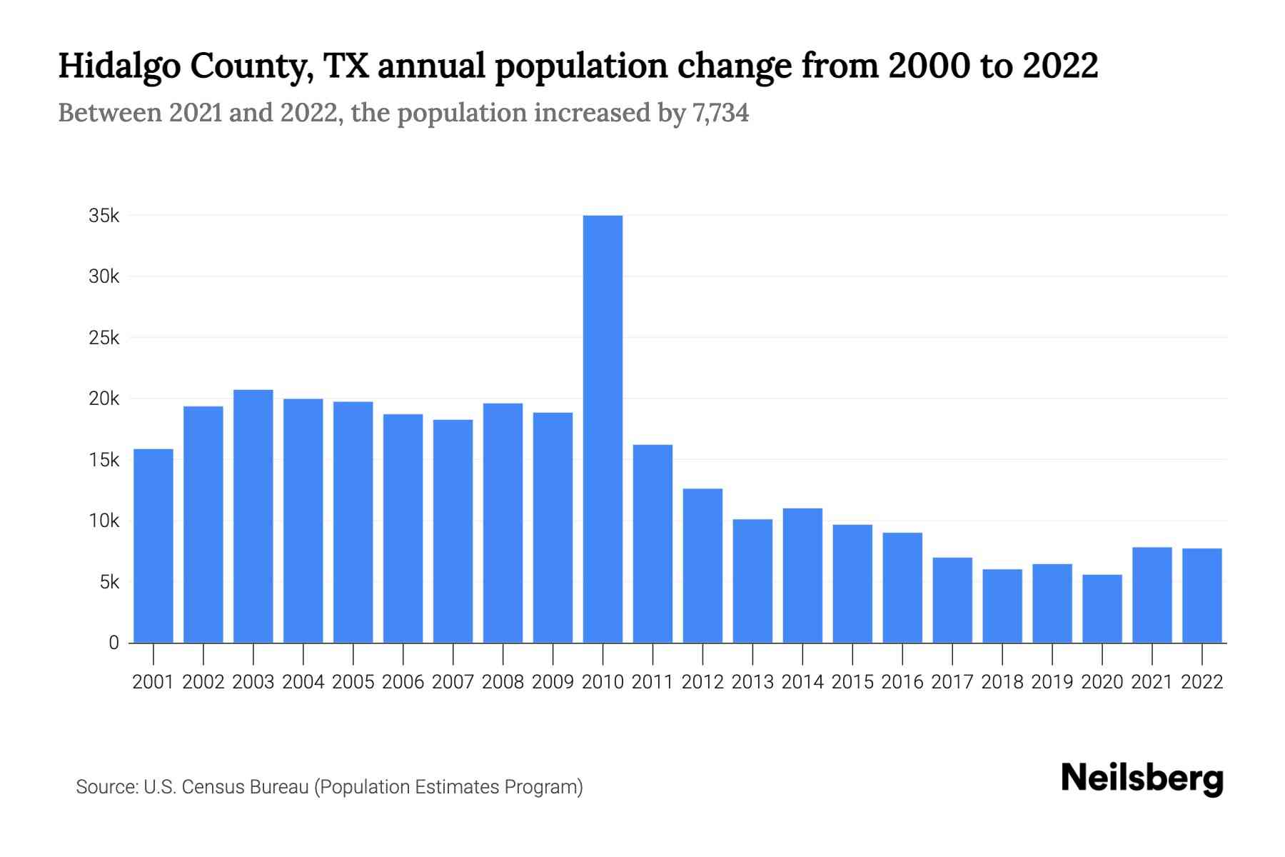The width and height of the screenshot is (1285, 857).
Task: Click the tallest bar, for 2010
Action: pos(603,428)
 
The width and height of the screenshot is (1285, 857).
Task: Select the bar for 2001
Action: pos(153,546)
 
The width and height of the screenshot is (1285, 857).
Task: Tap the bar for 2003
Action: pos(253,516)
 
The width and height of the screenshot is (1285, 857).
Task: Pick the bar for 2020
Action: pos(1102,608)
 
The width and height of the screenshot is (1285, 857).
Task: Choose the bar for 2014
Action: pos(802,576)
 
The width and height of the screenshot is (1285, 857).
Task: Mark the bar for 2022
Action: pos(1202,596)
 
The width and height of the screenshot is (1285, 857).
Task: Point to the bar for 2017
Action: pos(952,600)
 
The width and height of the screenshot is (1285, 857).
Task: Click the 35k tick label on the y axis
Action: pos(104,216)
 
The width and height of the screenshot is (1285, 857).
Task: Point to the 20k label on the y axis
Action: pos(104,399)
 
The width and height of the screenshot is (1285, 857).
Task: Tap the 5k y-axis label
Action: pos(109,582)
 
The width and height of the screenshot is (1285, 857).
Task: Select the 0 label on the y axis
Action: pos(114,643)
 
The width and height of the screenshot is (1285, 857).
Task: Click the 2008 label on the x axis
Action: pos(503,682)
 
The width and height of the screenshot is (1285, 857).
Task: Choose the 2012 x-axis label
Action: pos(702,682)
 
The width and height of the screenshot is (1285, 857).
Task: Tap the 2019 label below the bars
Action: pos(1052,682)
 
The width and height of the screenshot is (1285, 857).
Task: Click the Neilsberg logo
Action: pos(1142,778)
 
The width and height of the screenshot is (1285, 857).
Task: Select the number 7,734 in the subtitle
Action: pos(720,114)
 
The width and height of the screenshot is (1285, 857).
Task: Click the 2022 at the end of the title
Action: pos(1059,66)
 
